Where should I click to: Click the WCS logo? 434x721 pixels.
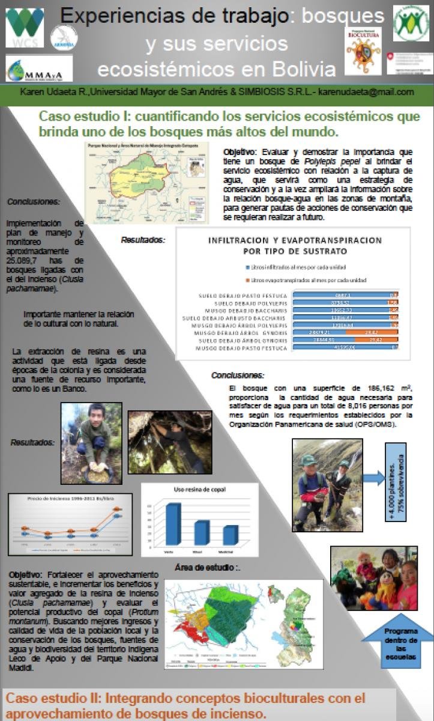pyautogui.click(x=25, y=27)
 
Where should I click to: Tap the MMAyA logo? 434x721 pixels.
pyautogui.click(x=38, y=70)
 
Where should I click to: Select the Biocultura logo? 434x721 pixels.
pyautogui.click(x=363, y=51)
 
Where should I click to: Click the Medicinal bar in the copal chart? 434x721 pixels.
pyautogui.click(x=230, y=535)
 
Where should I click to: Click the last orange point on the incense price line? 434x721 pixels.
pyautogui.click(x=118, y=509)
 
